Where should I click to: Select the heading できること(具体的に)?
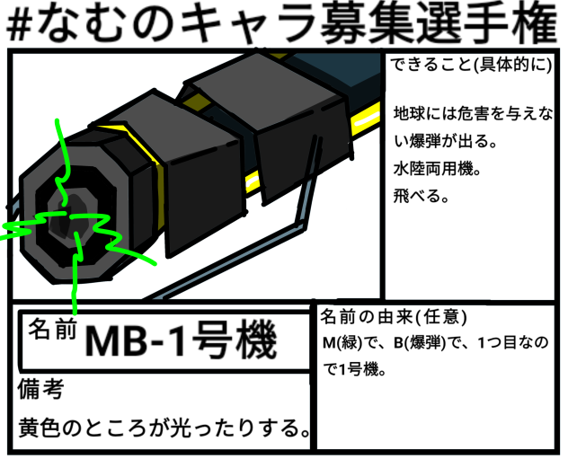click(x=473, y=67)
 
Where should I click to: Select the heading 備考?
click(x=40, y=390)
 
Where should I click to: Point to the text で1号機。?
click(x=354, y=368)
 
